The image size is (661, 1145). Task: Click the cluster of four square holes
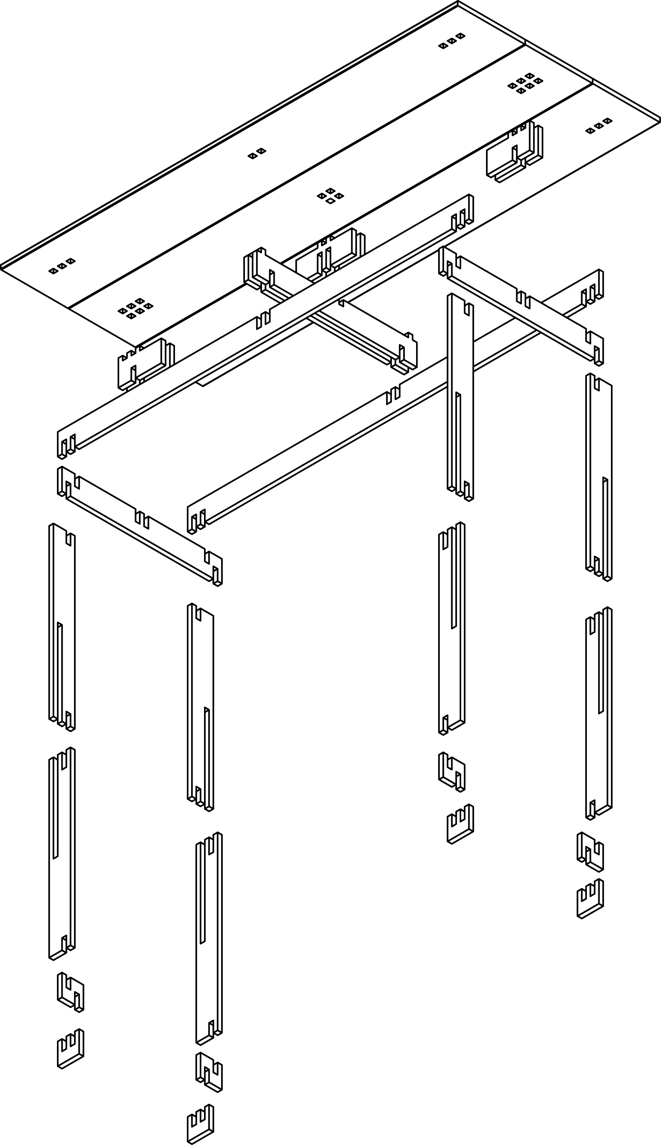point(330,195)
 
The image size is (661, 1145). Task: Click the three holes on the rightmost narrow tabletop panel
point(599,125)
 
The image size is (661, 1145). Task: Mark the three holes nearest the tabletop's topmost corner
point(452,41)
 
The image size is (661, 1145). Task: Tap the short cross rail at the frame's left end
point(140,527)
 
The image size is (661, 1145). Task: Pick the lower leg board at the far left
point(62,854)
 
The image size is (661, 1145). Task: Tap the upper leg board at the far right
point(599,477)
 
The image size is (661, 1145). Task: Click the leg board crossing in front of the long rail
point(460,395)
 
